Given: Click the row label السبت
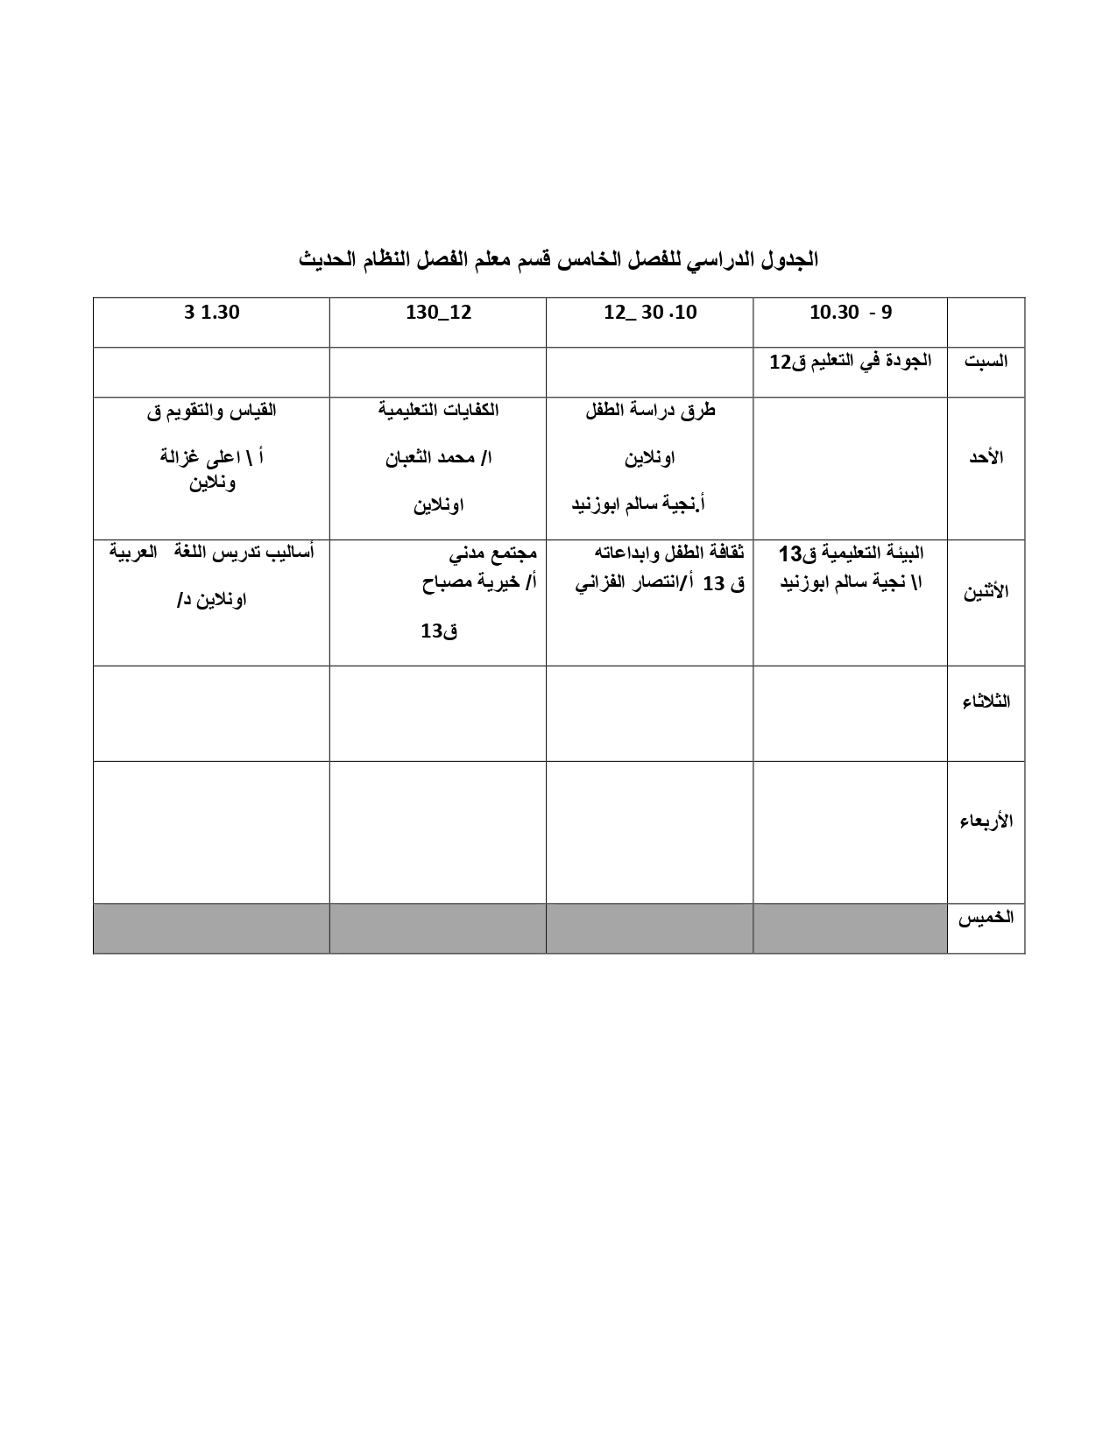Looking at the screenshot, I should (986, 361).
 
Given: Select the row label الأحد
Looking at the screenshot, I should (985, 458).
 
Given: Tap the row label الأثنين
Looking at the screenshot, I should (986, 591).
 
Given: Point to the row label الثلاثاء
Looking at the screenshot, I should (986, 701).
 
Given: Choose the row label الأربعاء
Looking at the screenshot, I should (986, 821).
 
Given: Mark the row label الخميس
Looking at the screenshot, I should (986, 918).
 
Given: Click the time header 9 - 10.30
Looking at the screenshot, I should (850, 313).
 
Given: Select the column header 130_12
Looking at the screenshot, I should (438, 313).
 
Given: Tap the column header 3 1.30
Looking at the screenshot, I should (211, 313).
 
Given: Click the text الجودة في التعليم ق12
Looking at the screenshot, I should (850, 361).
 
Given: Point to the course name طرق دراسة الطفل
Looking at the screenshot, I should (650, 410).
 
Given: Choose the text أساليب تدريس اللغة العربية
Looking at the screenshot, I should (211, 553).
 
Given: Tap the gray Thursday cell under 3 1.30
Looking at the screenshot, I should (211, 928).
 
